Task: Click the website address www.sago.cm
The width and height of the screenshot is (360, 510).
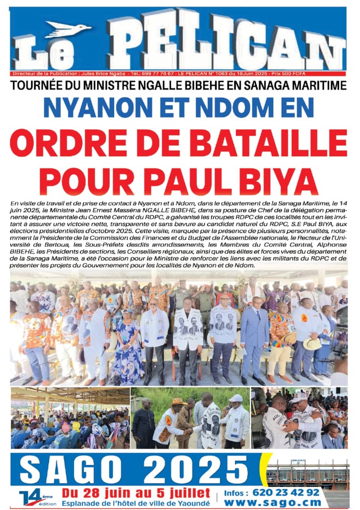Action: pos(283,502)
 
